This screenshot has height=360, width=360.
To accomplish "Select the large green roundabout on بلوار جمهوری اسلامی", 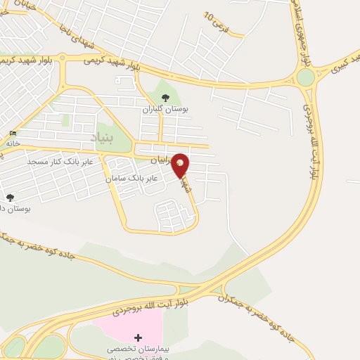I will tap(305, 77).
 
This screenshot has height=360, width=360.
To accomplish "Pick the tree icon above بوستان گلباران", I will tap(165, 98).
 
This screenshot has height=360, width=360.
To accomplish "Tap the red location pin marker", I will tap(181, 164).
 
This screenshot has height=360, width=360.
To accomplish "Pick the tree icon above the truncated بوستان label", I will tap(9, 198).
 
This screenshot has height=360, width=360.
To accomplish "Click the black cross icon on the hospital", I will tap(137, 338).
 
